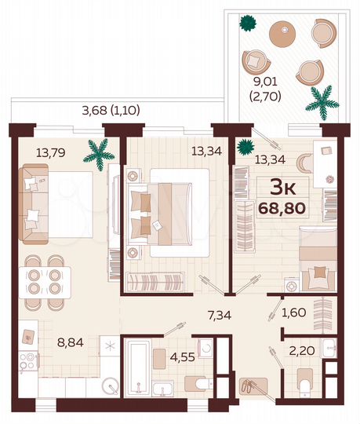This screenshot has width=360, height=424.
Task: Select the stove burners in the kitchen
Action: (27, 364)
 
